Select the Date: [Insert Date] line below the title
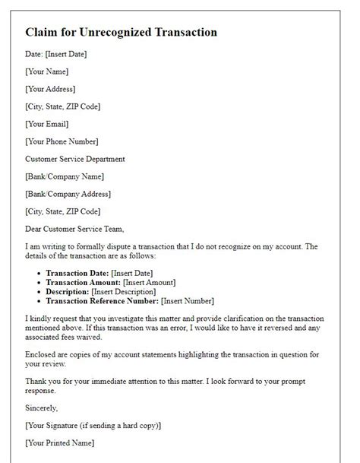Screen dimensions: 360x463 pyautogui.click(x=55, y=54)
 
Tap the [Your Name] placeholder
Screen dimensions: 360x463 pyautogui.click(x=46, y=71)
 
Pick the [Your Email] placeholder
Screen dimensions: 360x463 pyautogui.click(x=47, y=124)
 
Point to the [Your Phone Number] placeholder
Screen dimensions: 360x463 pyautogui.click(x=62, y=141)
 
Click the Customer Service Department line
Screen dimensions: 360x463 pyautogui.click(x=75, y=159)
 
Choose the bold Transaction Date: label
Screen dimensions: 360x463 pyautogui.click(x=77, y=273)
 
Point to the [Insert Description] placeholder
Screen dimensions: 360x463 pyautogui.click(x=123, y=291)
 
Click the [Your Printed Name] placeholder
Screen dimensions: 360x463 pyautogui.click(x=60, y=442)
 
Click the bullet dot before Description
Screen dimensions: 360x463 pyautogui.click(x=39, y=291)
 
